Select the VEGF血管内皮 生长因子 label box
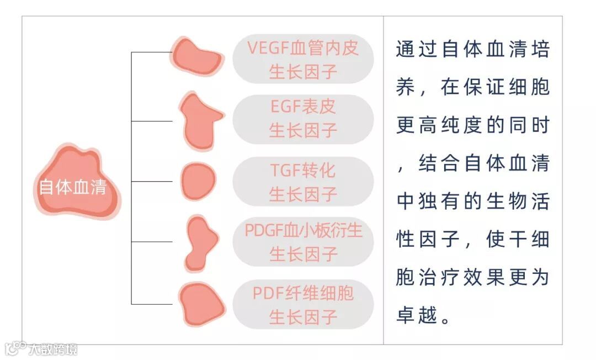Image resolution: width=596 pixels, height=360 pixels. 303,60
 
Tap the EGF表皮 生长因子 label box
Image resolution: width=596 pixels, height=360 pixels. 303,119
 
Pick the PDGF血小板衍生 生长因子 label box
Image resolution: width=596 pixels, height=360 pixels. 303,242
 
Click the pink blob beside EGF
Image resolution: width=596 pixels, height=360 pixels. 198,121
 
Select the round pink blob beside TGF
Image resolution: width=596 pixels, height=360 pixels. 198,182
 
